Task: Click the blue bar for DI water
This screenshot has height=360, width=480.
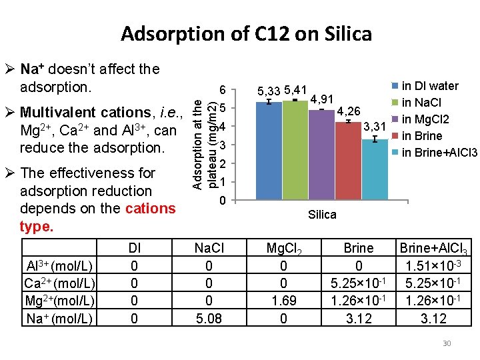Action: [x=269, y=151]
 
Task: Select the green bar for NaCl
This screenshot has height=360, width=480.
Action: [x=295, y=150]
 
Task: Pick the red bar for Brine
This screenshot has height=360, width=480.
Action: [x=348, y=161]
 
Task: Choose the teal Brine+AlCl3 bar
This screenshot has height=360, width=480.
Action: [x=375, y=169]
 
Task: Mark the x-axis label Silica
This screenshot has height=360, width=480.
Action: [x=322, y=215]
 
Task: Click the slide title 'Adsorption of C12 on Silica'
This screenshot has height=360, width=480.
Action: [x=246, y=33]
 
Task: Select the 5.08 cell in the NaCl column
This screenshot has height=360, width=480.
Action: [x=209, y=318]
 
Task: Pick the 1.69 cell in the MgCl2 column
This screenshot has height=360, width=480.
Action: [x=284, y=301]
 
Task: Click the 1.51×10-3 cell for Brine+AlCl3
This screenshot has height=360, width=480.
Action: [x=433, y=267]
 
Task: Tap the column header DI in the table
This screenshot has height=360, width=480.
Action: [x=135, y=248]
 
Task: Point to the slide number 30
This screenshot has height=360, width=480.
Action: [x=447, y=343]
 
